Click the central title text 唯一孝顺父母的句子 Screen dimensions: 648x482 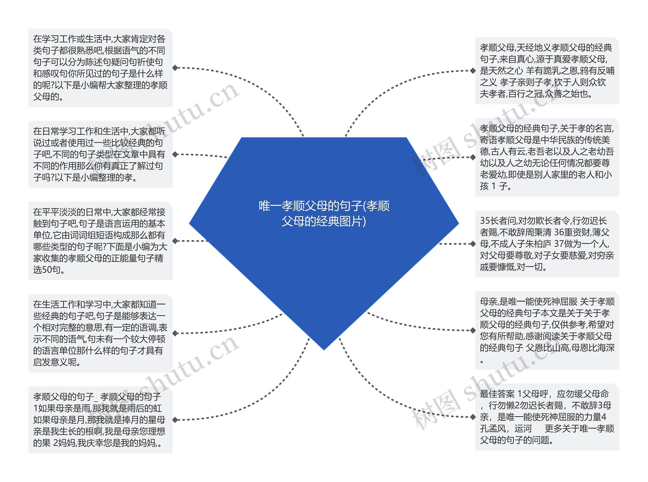click(x=324, y=214)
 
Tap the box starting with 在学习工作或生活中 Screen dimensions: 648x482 click(x=100, y=68)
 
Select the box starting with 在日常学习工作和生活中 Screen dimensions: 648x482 click(x=100, y=154)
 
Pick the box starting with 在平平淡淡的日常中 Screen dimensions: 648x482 click(x=100, y=241)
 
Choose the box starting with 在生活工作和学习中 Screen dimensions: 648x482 click(x=100, y=333)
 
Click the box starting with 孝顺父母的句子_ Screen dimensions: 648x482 click(x=100, y=420)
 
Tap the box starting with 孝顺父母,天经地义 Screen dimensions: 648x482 click(x=547, y=71)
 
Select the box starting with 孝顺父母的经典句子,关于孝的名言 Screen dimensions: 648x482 click(x=547, y=157)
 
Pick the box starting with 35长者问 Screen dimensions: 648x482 click(x=547, y=244)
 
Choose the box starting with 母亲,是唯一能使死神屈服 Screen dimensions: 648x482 click(x=547, y=330)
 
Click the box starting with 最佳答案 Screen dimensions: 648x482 click(x=547, y=417)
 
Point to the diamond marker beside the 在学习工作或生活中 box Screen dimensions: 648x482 click(x=175, y=68)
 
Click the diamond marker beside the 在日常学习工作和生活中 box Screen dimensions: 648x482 click(x=175, y=154)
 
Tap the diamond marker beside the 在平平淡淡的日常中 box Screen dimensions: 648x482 click(x=175, y=241)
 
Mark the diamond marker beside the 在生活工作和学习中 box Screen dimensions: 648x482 click(x=175, y=333)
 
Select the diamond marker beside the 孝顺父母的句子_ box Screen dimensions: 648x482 click(x=175, y=420)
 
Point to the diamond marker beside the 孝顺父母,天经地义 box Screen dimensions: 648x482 click(x=473, y=71)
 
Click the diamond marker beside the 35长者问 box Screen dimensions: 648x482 click(x=473, y=244)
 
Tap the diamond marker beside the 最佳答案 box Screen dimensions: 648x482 click(x=473, y=417)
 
